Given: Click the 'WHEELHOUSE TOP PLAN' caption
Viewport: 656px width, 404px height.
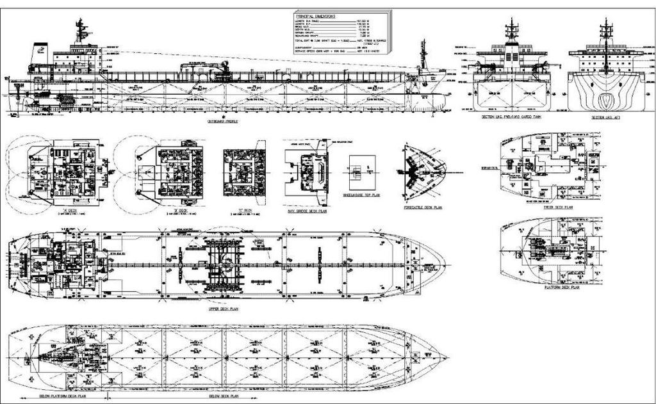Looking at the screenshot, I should (x=361, y=195).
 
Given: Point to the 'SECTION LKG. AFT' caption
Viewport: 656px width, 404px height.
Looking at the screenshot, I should (x=605, y=118).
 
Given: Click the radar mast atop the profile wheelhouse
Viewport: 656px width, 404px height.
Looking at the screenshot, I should (x=79, y=29).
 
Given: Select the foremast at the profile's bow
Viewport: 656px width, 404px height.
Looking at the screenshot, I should (x=422, y=54).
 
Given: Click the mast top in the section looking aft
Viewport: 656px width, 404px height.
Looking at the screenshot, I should (x=605, y=24).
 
